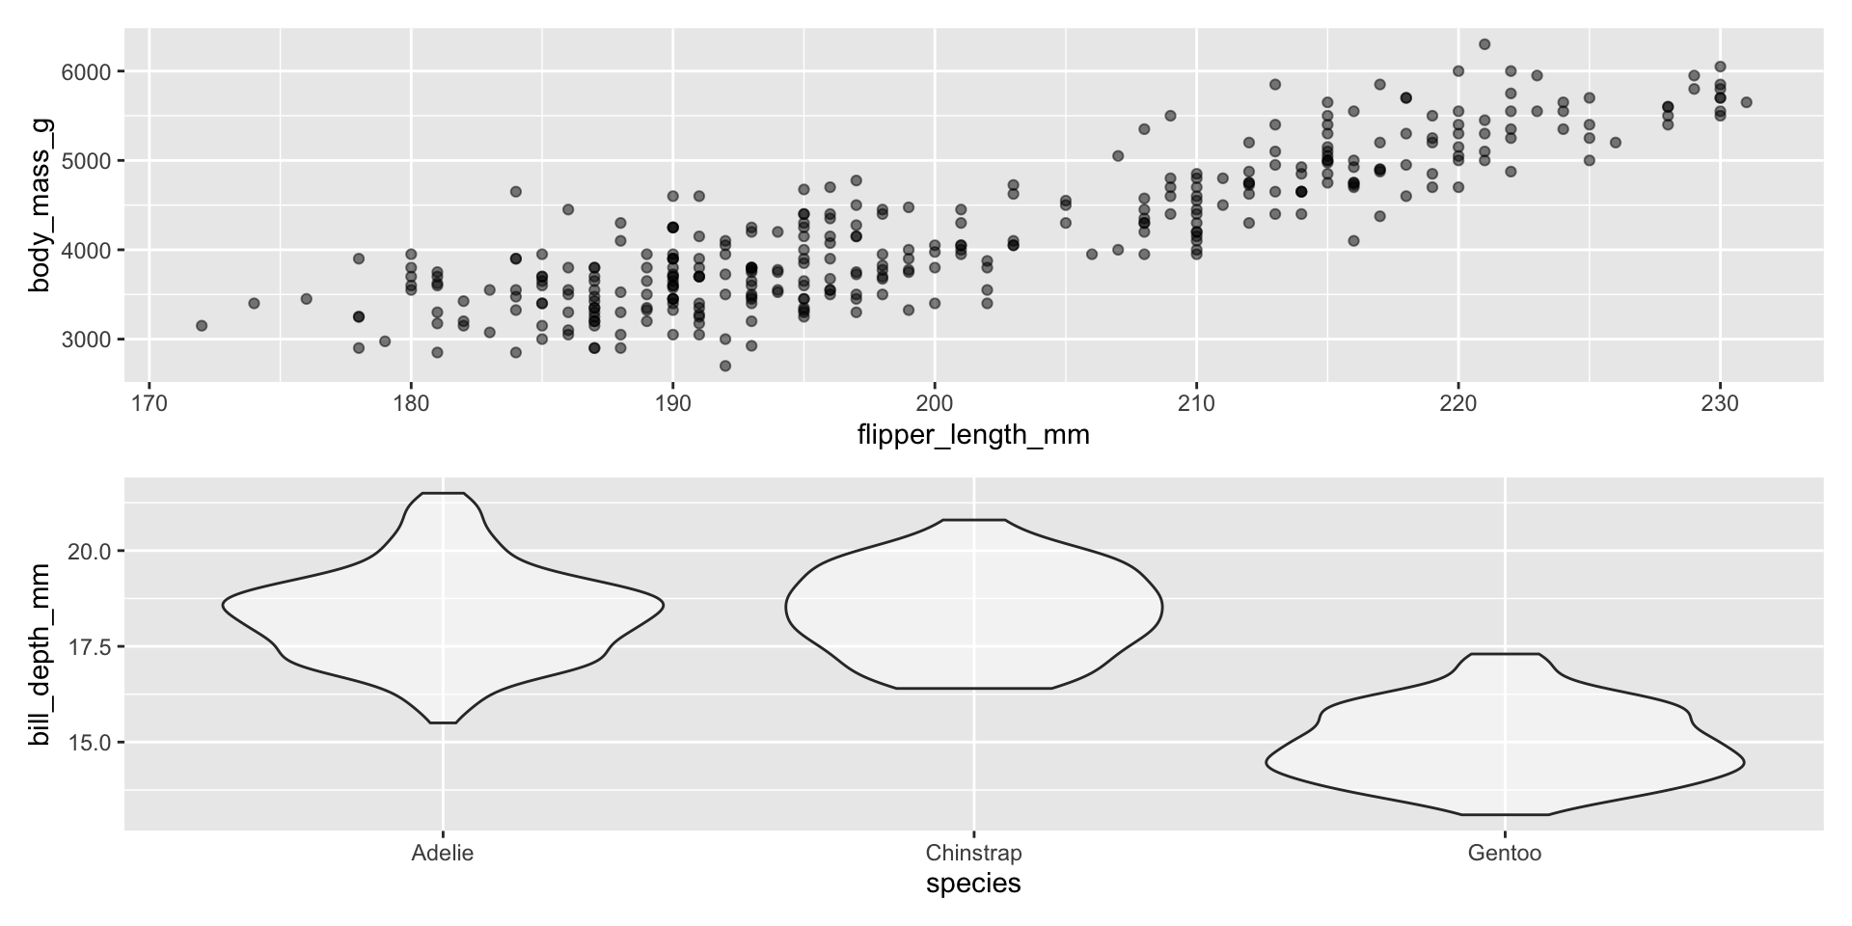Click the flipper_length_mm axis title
click(x=973, y=436)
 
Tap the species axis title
click(x=973, y=884)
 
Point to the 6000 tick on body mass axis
click(x=86, y=72)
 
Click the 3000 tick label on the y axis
click(x=86, y=340)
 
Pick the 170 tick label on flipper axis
click(x=149, y=402)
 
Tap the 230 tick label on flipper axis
click(x=1719, y=402)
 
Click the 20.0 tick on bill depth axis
click(x=93, y=551)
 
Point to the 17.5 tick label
click(x=93, y=646)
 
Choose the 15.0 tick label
click(x=93, y=742)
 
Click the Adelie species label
click(x=443, y=854)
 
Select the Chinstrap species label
click(x=973, y=854)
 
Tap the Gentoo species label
click(x=1505, y=854)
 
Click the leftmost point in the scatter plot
click(x=202, y=326)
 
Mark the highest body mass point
click(x=1484, y=44)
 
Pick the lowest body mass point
click(x=725, y=366)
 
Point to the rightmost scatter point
click(x=1746, y=102)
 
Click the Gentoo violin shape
click(x=1505, y=752)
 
